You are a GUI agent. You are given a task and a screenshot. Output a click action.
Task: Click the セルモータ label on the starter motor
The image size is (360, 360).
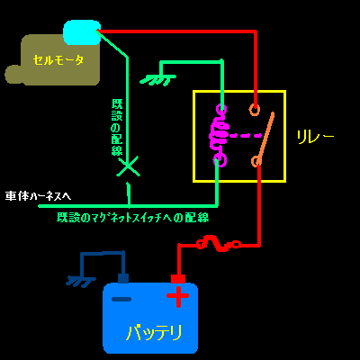pos(58,60)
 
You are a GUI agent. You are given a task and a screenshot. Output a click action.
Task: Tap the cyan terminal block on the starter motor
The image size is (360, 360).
pos(82,32)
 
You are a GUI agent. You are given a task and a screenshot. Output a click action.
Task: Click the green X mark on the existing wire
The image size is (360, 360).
pos(129,166)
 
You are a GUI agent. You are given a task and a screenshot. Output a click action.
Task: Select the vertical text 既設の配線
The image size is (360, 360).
pos(117,127)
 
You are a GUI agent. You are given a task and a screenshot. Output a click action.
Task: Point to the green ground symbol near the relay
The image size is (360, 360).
pos(158,79)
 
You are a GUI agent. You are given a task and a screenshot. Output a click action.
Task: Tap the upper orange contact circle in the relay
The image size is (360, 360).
pos(255,110)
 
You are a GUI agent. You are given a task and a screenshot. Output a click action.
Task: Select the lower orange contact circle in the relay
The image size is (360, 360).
pos(256,161)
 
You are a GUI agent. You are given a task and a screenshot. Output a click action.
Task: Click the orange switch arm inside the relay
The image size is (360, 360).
pos(265,137)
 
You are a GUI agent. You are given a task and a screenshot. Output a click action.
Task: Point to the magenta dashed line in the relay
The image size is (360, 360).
pos(245,136)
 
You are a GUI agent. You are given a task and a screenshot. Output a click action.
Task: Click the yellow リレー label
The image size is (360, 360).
pos(315,137)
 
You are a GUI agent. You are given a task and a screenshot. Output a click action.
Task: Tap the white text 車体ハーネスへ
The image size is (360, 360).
pos(38,196)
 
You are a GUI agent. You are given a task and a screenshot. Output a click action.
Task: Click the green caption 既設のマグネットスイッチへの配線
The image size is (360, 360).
pos(133,218)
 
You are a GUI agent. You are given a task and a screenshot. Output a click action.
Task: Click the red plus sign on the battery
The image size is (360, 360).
pos(178,296)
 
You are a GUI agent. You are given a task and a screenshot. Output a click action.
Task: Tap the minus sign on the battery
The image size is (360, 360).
pos(121,299)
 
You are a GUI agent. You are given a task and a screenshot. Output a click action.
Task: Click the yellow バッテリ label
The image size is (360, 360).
pos(155,332)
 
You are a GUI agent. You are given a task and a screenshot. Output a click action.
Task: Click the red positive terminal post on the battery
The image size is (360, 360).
pos(178,279)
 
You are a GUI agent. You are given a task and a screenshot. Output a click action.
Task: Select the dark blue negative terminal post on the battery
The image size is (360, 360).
pos(123,278)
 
